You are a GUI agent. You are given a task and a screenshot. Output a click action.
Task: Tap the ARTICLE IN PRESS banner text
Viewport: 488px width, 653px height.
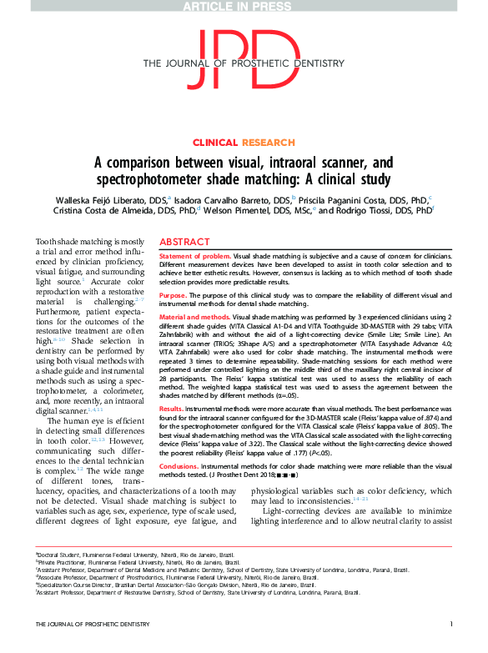(x=243, y=6)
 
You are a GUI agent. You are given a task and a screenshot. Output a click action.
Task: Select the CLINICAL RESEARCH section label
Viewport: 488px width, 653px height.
(x=244, y=143)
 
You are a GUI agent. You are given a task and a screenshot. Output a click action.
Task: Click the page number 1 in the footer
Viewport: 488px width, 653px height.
(x=450, y=624)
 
